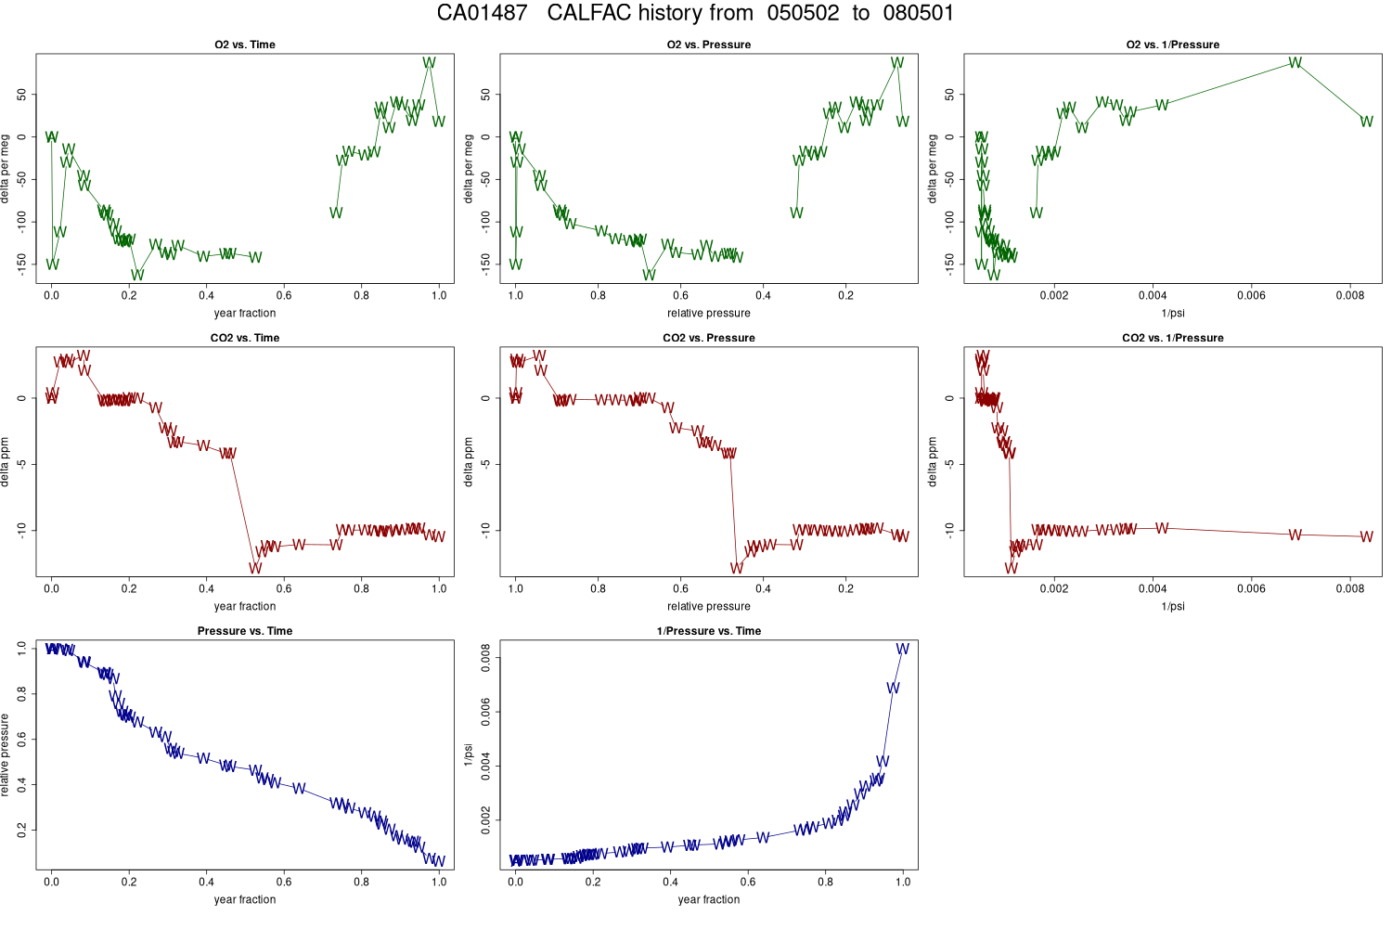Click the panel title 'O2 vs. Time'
tap(245, 45)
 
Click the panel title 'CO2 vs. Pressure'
tap(708, 338)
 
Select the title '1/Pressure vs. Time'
tap(708, 631)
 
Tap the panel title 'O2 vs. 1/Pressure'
tap(1172, 45)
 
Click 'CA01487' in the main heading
tap(482, 13)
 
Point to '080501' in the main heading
tap(918, 13)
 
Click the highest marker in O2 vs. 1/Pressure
tap(1295, 63)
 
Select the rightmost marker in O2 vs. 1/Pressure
tap(1366, 122)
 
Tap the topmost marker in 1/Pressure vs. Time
tap(902, 649)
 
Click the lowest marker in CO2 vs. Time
tap(255, 568)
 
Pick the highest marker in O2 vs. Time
tap(429, 63)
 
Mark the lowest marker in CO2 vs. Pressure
tap(737, 568)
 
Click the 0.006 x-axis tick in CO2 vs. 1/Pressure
tap(1251, 588)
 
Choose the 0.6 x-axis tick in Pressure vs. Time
tap(284, 882)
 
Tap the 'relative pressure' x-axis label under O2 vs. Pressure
tap(708, 313)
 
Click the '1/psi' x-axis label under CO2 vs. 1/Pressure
tap(1172, 606)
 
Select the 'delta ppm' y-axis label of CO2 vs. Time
tap(6, 462)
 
